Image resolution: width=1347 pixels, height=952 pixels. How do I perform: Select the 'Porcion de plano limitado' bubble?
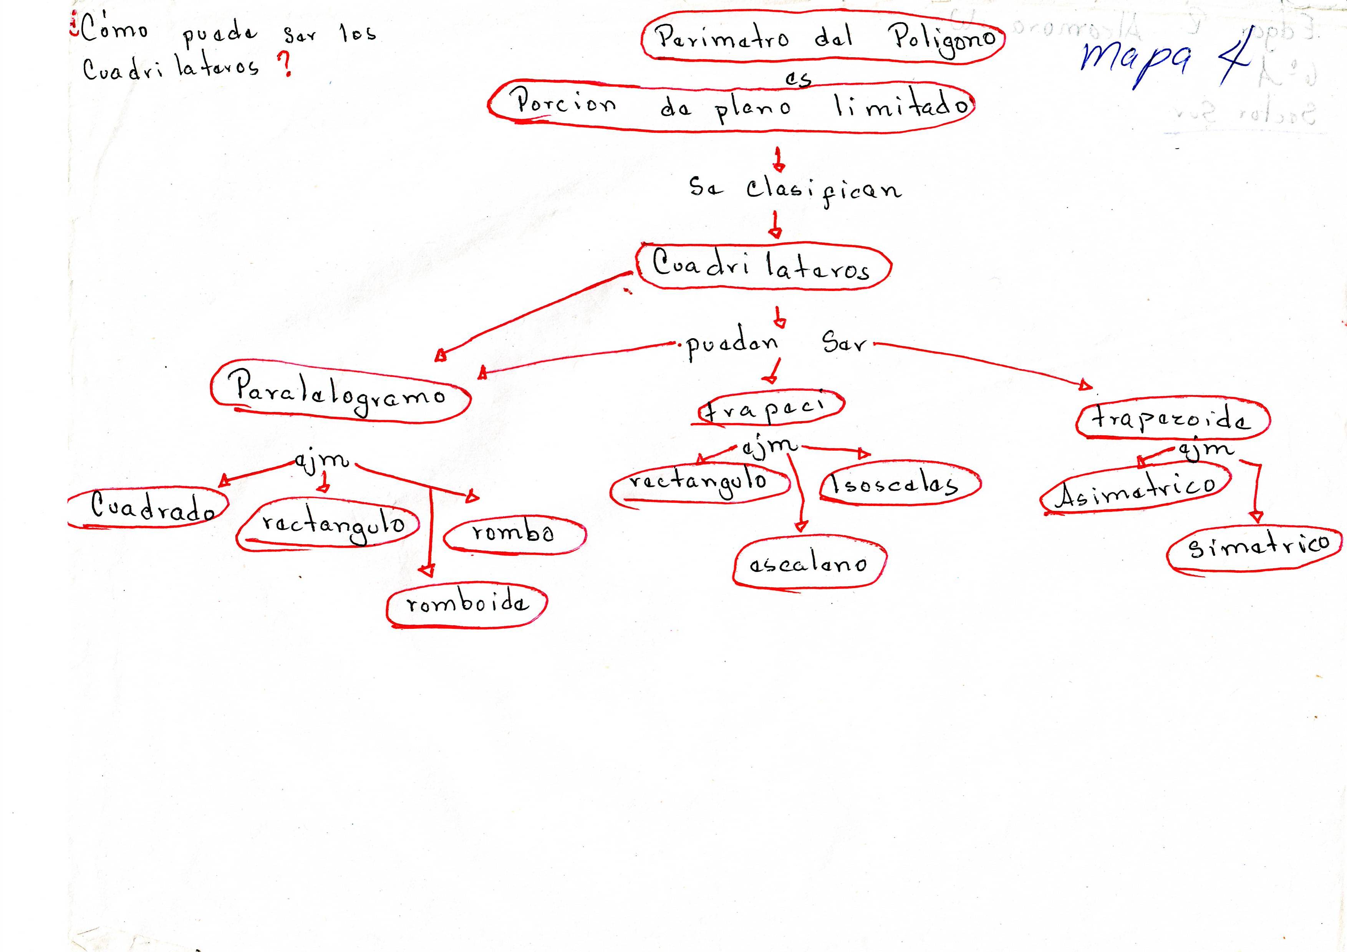coord(731,106)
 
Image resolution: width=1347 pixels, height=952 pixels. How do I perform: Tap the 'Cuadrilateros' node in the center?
coord(763,267)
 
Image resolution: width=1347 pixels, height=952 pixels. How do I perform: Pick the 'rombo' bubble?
coord(514,534)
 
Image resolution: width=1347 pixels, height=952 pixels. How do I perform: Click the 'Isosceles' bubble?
coord(898,484)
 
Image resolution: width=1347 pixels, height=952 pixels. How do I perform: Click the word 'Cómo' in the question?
coord(115,29)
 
